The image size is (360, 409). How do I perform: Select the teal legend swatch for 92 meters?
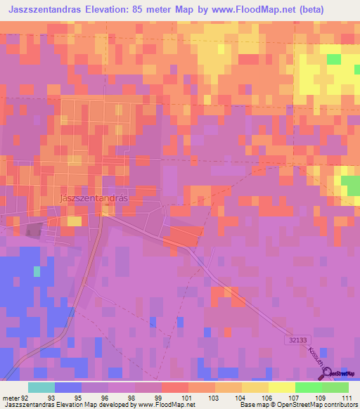(41, 387)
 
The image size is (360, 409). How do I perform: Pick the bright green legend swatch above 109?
(308, 387)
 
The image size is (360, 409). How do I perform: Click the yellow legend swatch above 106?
(281, 387)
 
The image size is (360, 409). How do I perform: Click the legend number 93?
(51, 397)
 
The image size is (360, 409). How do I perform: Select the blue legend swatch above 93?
(68, 387)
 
